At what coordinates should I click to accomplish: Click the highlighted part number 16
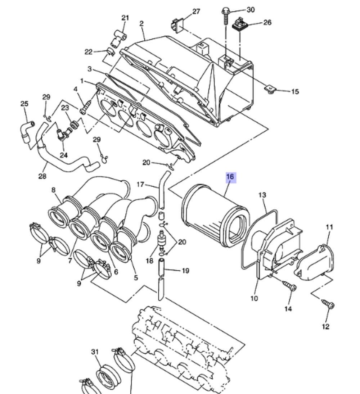230,177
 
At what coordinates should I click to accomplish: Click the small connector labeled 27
176,25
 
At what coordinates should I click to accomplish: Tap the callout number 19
185,271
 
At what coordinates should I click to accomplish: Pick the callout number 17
140,185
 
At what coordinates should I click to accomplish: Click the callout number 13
262,195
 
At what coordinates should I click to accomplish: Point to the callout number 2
141,23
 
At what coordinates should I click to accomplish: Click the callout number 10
254,298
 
